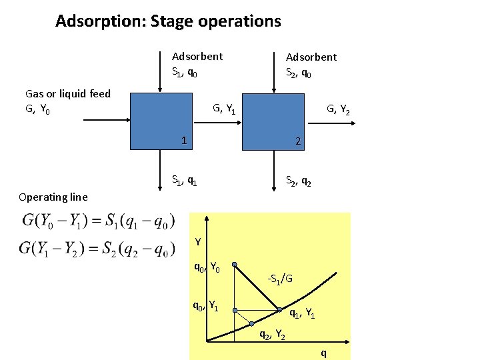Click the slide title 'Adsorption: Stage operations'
pyautogui.click(x=168, y=21)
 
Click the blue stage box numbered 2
pyautogui.click(x=273, y=120)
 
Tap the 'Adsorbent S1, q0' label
pyautogui.click(x=197, y=64)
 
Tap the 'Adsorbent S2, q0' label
pyautogui.click(x=311, y=65)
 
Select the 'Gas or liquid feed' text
pyautogui.click(x=67, y=94)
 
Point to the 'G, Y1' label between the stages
pyautogui.click(x=223, y=107)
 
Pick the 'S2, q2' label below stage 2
pyautogui.click(x=297, y=179)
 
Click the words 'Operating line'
pyautogui.click(x=53, y=197)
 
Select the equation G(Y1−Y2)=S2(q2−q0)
pyautogui.click(x=98, y=248)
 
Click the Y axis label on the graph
pyautogui.click(x=198, y=241)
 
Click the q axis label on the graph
pyautogui.click(x=324, y=352)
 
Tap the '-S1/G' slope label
pyautogui.click(x=279, y=277)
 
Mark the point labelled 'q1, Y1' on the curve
pyautogui.click(x=281, y=309)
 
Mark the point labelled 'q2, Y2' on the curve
pyautogui.click(x=253, y=323)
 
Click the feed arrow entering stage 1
pyautogui.click(x=107, y=120)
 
